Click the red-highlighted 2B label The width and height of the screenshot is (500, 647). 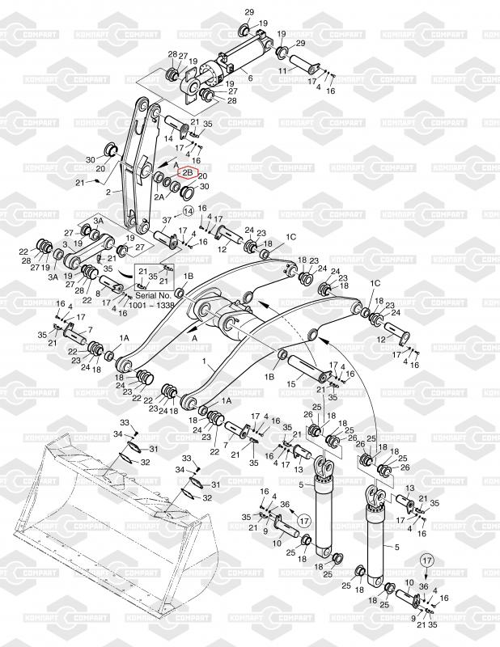tap(187, 172)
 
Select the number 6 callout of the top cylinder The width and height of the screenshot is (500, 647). tap(250, 78)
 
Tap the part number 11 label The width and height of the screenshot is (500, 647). tap(283, 72)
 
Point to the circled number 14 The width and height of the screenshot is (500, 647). tap(188, 210)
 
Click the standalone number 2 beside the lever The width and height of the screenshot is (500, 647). tap(108, 192)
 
